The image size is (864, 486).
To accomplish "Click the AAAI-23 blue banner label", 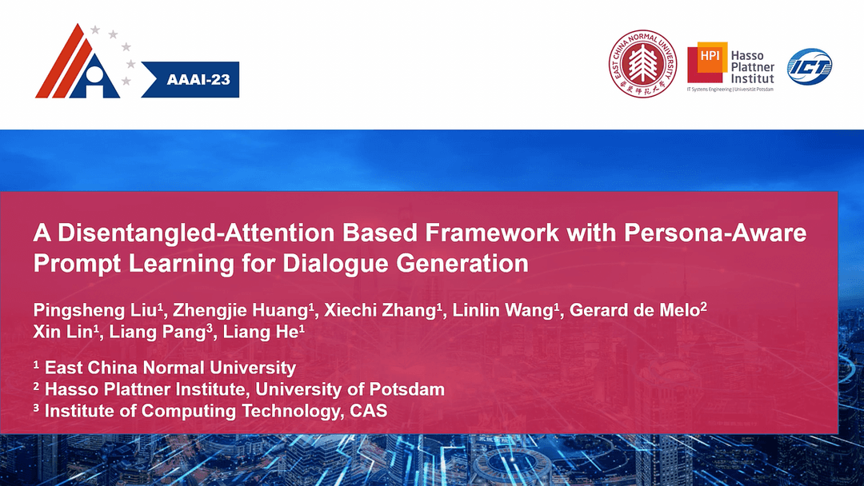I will click(198, 82).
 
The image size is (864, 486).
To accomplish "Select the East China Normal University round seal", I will click(644, 63).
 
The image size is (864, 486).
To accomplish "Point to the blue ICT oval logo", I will click(810, 66).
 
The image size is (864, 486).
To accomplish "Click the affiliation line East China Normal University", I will click(170, 368).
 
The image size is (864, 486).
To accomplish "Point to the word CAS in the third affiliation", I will click(367, 411).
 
